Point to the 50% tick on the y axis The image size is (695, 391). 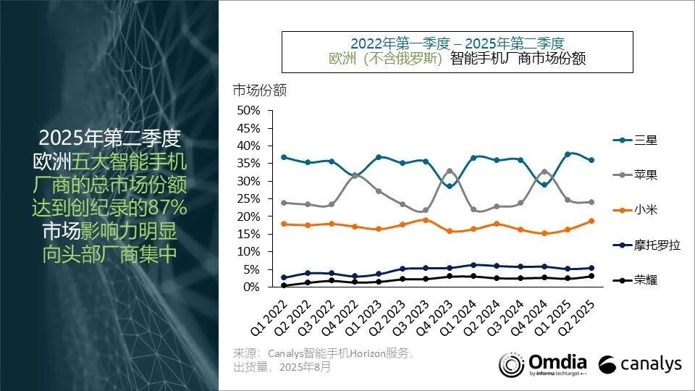248,110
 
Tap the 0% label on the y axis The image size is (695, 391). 251,287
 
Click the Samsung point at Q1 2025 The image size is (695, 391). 568,154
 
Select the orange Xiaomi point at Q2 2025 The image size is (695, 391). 591,221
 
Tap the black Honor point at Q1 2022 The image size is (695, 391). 284,285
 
